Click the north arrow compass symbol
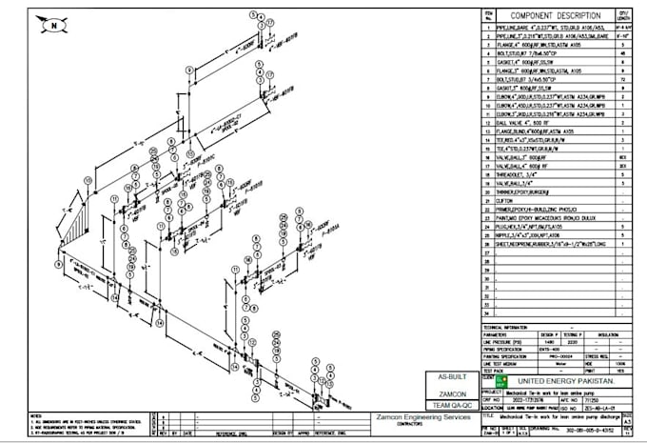point(56,22)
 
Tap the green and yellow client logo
point(492,381)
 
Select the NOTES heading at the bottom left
point(37,415)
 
